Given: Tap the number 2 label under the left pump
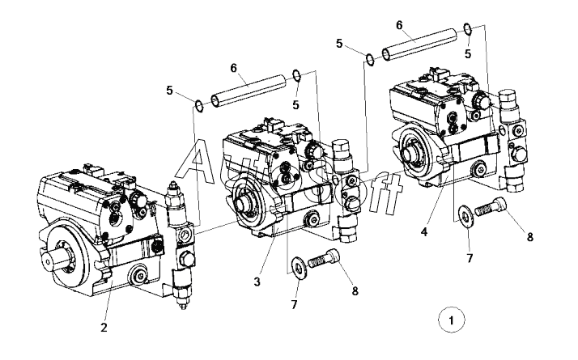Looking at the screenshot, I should click(x=104, y=328).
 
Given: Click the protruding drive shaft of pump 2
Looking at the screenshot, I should click(x=62, y=261).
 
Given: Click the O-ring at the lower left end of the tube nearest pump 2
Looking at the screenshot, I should click(x=198, y=103).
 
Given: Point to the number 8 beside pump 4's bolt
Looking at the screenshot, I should click(x=530, y=237).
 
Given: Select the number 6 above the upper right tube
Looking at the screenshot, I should click(x=399, y=26).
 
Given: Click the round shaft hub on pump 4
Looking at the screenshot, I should click(x=410, y=152).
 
